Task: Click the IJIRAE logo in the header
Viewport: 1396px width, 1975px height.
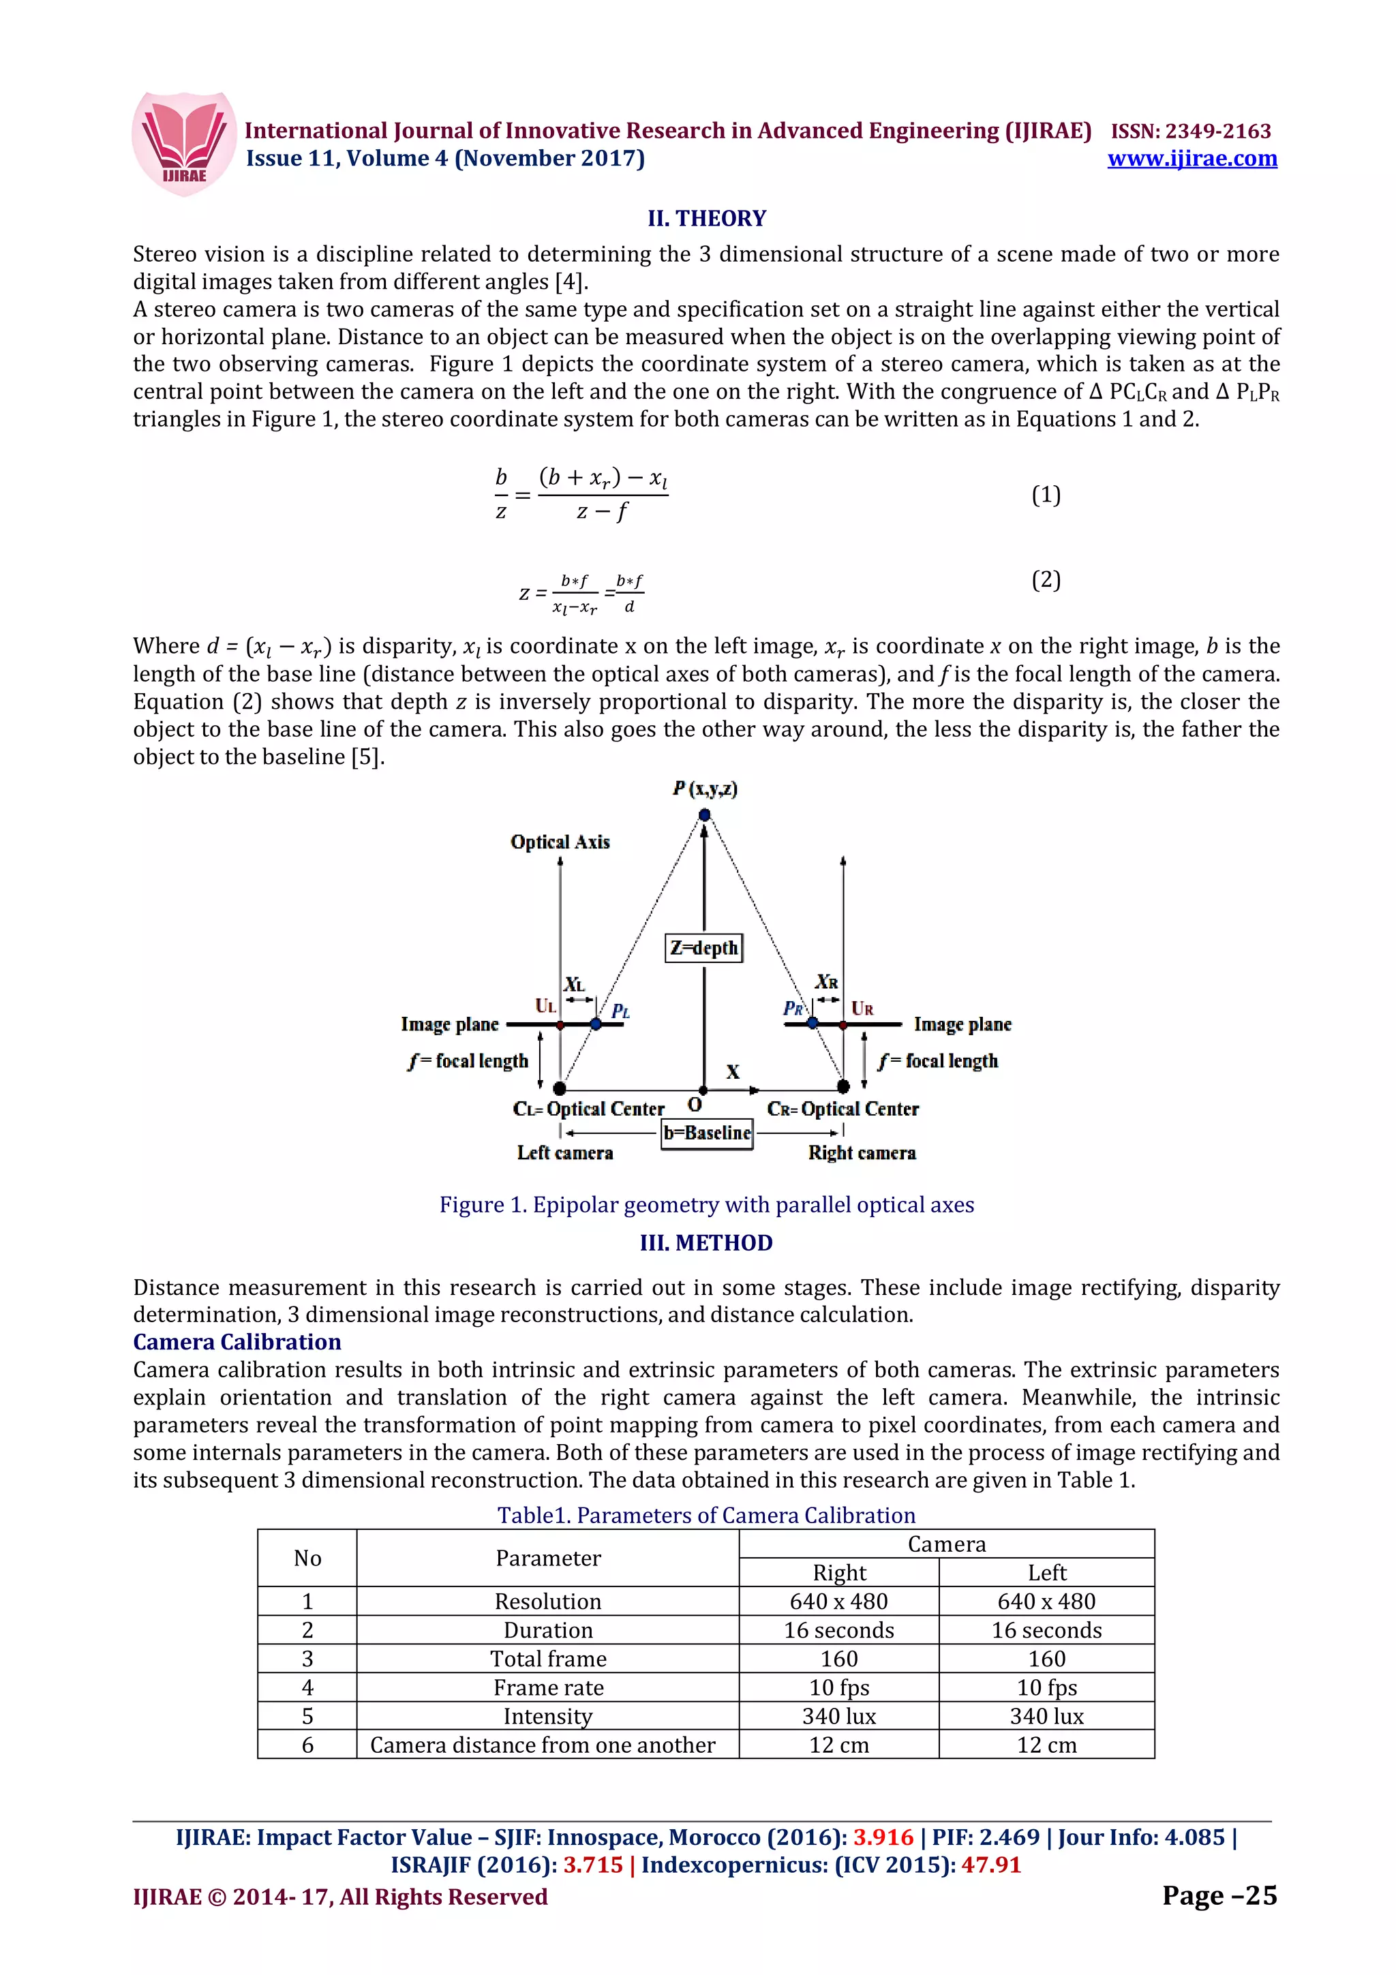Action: click(184, 144)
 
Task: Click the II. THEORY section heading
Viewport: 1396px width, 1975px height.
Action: click(706, 219)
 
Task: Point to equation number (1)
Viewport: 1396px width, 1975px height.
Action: click(1045, 495)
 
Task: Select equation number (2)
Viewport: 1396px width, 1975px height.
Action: click(1045, 580)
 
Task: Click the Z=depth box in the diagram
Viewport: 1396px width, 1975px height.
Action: click(703, 948)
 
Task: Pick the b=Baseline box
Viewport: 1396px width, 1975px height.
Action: click(707, 1133)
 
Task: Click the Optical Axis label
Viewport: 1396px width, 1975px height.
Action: click(560, 842)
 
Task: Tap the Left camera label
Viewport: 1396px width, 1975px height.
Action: click(565, 1152)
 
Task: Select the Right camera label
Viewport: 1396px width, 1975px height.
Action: click(861, 1152)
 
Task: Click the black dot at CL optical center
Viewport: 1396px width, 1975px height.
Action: click(559, 1088)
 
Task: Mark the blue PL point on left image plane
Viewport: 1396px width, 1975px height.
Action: click(596, 1024)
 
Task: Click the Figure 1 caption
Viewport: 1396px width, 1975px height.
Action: click(706, 1204)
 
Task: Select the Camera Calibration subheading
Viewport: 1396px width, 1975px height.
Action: click(237, 1342)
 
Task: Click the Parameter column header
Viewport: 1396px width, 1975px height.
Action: click(548, 1558)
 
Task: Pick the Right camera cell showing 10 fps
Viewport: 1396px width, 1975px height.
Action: click(838, 1687)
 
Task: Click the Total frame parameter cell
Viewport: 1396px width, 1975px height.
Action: click(548, 1659)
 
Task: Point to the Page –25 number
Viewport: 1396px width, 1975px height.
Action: click(1219, 1896)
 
